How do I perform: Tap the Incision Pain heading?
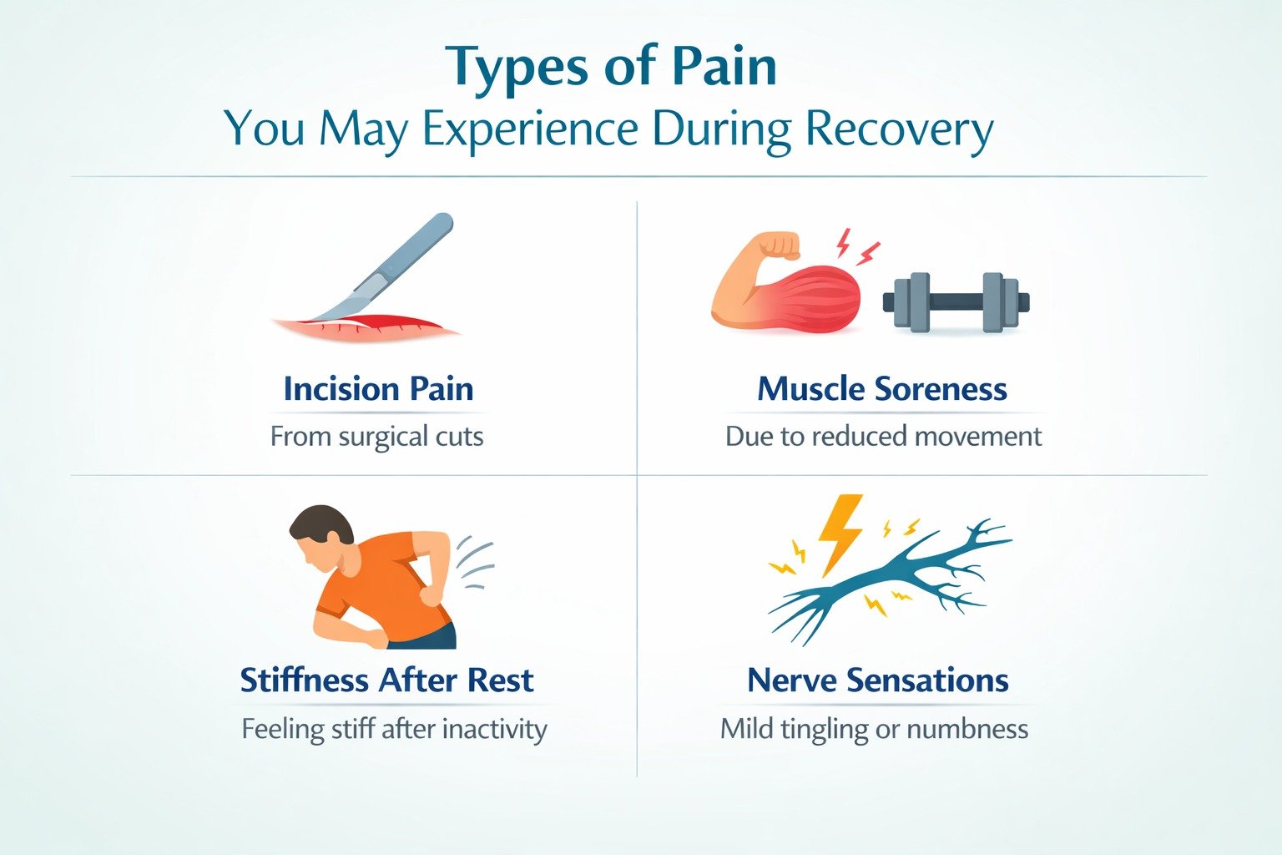coord(378,389)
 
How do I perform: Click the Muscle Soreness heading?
coord(881,389)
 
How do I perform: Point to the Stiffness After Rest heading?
coord(386,680)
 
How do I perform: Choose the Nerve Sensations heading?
coord(877,680)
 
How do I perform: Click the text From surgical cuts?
coord(376,437)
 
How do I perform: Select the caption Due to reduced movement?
coord(883,437)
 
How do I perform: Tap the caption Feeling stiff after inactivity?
coord(394,729)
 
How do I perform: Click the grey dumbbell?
coord(956,301)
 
